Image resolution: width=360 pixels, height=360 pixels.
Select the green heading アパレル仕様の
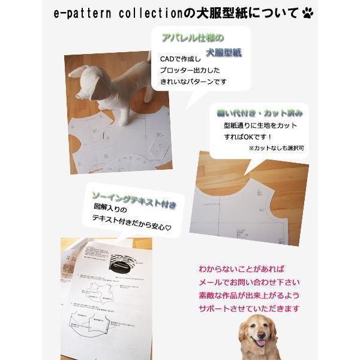click(x=187, y=37)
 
